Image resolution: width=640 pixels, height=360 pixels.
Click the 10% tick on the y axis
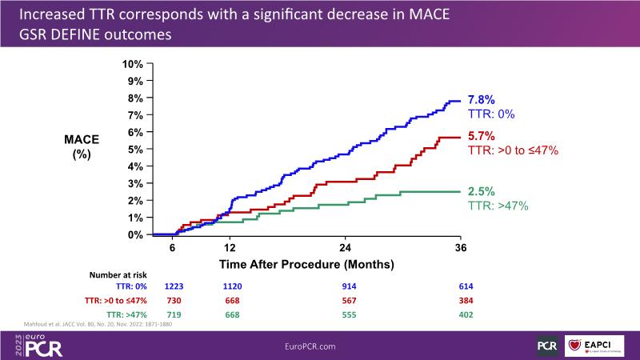(x=132, y=63)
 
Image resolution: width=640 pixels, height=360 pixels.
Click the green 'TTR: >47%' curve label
(x=497, y=206)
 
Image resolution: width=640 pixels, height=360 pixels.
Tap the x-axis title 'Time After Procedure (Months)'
(x=318, y=262)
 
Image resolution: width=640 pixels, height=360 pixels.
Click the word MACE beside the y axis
(x=81, y=140)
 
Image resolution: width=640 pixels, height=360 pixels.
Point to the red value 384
(x=461, y=301)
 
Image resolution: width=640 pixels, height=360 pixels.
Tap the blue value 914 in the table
(x=345, y=285)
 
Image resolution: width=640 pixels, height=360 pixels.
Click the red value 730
(x=174, y=301)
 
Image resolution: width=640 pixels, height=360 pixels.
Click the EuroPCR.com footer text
(x=319, y=345)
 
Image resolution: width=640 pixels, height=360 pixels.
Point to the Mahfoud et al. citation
(x=94, y=324)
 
